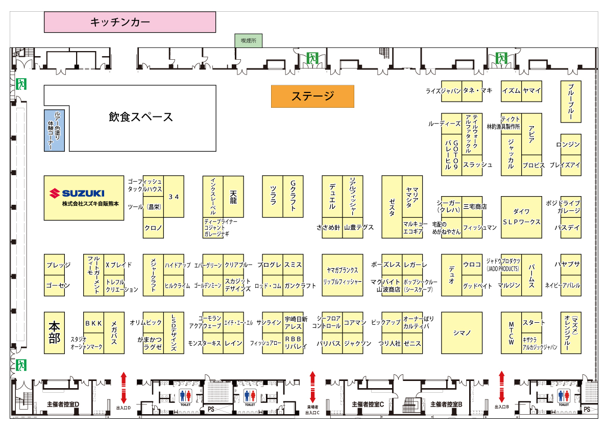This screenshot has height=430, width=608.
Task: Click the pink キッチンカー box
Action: [130, 22]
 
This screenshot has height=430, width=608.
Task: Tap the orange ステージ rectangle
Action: [312, 96]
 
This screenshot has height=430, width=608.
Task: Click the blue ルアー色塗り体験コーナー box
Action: [54, 130]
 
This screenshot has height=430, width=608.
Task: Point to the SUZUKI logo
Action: [77, 193]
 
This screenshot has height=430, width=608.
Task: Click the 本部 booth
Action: [54, 332]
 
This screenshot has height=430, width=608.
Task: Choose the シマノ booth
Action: [461, 332]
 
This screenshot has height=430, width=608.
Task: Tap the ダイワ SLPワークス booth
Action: [521, 217]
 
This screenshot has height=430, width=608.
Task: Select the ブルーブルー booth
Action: [571, 101]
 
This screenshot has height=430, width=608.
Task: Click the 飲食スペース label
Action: [141, 117]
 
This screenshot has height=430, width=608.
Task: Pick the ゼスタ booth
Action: [392, 207]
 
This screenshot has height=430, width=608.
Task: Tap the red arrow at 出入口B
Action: [501, 387]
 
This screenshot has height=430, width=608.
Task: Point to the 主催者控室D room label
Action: [63, 404]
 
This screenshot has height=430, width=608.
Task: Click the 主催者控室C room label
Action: [368, 404]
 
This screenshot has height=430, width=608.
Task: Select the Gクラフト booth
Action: [293, 197]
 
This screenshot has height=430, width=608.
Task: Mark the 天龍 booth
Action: [233, 197]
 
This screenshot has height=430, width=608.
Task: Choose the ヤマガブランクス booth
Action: [343, 270]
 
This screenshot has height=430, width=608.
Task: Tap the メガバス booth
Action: [114, 332]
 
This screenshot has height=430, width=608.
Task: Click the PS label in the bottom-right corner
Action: [587, 410]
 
